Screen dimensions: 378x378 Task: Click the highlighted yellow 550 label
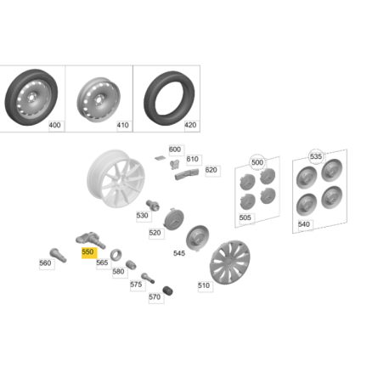[87, 253]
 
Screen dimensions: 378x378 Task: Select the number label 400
[54, 125]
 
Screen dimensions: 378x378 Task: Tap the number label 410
[122, 125]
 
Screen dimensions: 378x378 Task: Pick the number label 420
[189, 125]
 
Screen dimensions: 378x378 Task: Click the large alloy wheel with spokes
[116, 180]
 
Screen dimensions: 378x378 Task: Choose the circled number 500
[257, 161]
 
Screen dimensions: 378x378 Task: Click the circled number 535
[316, 157]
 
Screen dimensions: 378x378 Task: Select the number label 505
[245, 217]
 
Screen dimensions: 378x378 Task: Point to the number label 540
[304, 224]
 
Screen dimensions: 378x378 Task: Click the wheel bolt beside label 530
[155, 205]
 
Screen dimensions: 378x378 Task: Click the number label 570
[155, 297]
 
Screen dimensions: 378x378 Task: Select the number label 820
[212, 170]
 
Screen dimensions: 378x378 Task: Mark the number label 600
[175, 150]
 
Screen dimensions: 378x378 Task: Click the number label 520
[155, 232]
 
